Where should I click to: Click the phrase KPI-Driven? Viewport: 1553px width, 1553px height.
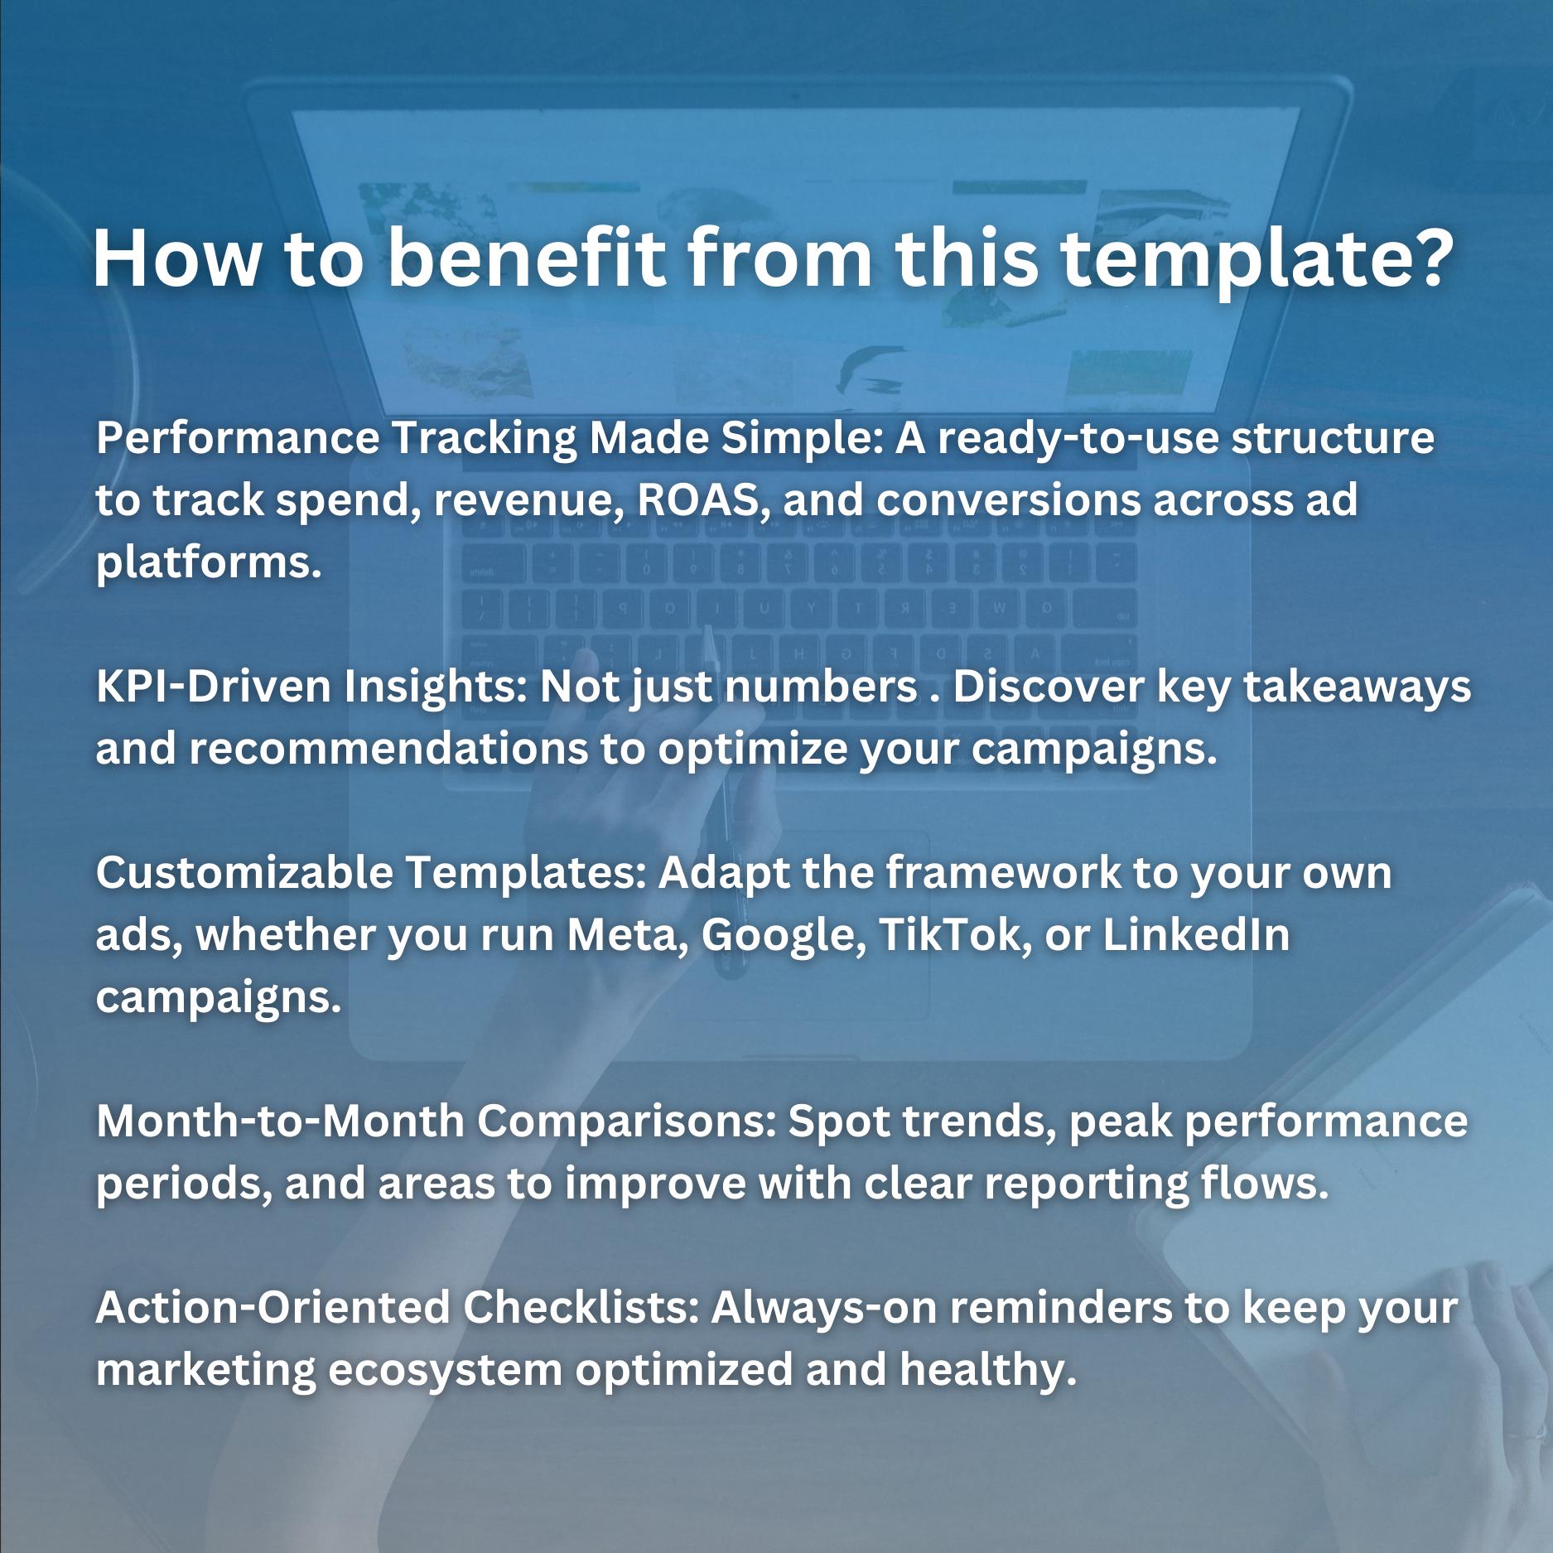pyautogui.click(x=214, y=687)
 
